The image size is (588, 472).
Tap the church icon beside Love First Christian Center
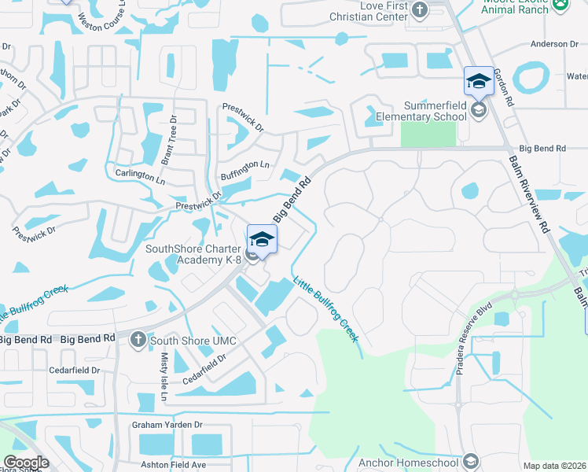(x=419, y=9)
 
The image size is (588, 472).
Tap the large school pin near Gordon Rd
(x=478, y=81)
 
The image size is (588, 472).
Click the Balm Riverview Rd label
(x=528, y=193)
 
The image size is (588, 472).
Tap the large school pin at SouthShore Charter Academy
(x=262, y=239)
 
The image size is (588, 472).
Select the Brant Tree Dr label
(x=169, y=139)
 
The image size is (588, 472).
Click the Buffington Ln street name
(x=244, y=170)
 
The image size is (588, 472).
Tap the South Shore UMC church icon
(x=138, y=340)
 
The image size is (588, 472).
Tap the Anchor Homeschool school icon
(x=471, y=461)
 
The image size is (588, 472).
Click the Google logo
(x=26, y=463)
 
